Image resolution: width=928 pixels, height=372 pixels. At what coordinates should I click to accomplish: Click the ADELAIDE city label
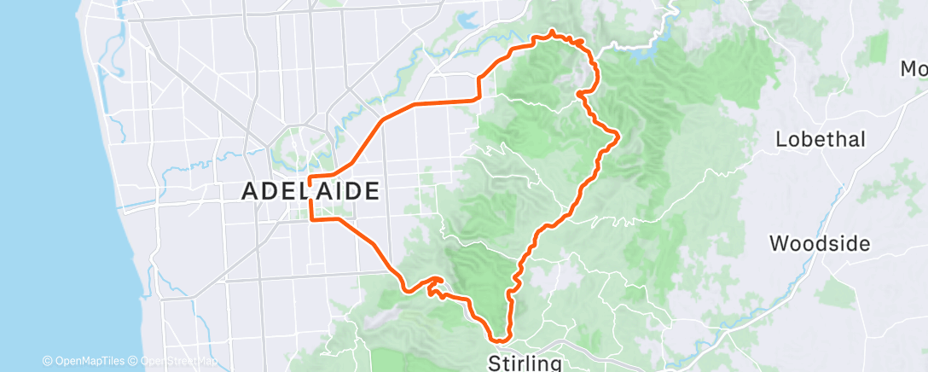(x=310, y=192)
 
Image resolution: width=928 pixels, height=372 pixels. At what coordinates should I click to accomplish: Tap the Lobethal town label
(x=820, y=140)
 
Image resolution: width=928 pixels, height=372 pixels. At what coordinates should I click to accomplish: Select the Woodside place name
(x=819, y=244)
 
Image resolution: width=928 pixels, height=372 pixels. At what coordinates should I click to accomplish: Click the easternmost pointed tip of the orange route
(x=618, y=135)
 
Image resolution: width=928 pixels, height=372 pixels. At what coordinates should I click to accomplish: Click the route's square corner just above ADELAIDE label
(x=310, y=178)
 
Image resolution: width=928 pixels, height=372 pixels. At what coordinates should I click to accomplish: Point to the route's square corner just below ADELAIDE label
(x=310, y=219)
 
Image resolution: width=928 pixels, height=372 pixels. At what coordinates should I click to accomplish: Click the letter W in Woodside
(x=780, y=244)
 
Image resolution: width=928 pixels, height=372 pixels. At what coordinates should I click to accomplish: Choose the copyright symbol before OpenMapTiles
(x=47, y=362)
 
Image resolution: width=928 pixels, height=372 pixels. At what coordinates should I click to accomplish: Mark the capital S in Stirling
(x=494, y=363)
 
